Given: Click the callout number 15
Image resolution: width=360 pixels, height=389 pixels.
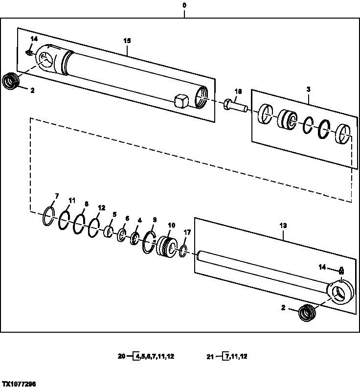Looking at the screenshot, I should pyautogui.click(x=127, y=41).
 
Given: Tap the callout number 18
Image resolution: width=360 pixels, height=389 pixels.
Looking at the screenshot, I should pyautogui.click(x=238, y=91).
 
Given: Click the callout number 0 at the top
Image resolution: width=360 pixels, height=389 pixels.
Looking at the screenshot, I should pyautogui.click(x=184, y=5).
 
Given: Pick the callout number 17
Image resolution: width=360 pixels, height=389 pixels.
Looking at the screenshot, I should pyautogui.click(x=186, y=232).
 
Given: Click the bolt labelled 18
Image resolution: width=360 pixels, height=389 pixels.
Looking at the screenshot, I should pyautogui.click(x=235, y=105).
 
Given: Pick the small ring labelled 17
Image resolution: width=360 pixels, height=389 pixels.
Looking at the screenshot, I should pyautogui.click(x=183, y=251).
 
